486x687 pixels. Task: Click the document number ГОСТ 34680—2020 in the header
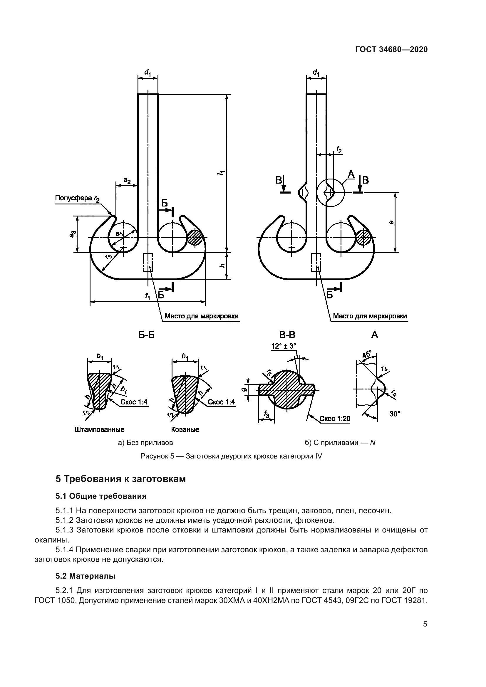point(391,49)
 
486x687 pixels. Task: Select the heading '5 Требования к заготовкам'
point(120,479)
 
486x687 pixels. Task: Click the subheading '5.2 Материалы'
point(85,576)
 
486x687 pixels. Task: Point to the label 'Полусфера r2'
point(77,198)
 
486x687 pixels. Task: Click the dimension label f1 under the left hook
point(148,296)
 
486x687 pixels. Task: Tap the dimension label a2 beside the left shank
point(127,181)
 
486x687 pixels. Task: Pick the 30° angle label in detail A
point(395,414)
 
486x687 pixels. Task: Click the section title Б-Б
point(146,335)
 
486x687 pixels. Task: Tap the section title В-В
point(287,335)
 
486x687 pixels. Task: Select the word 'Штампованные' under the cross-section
point(99,430)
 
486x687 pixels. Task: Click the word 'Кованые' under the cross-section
point(185,430)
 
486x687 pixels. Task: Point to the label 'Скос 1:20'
point(335,419)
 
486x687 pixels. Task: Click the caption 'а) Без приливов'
point(145,443)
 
